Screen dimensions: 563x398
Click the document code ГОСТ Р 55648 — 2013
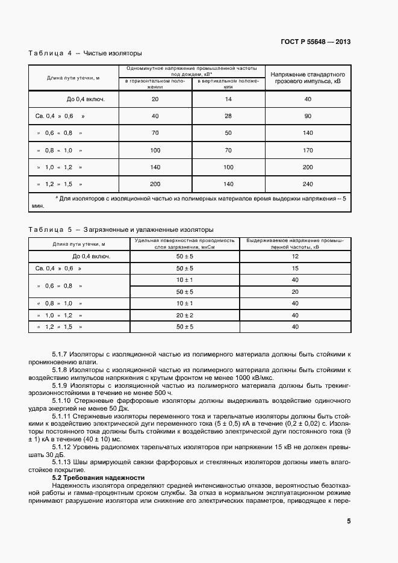pyautogui.click(x=316, y=42)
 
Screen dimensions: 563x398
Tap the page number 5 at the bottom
pyautogui.click(x=349, y=521)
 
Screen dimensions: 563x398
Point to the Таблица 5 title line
pyautogui.click(x=120, y=229)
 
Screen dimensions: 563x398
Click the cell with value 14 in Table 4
pyautogui.click(x=228, y=99)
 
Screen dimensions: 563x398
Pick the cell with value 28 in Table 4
pyautogui.click(x=228, y=116)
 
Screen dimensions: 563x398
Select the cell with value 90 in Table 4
pyautogui.click(x=308, y=116)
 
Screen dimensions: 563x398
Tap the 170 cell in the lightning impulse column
pyautogui.click(x=308, y=149)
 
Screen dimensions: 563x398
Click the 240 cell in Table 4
pyautogui.click(x=308, y=183)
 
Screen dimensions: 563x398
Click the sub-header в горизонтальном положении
pyautogui.click(x=155, y=83)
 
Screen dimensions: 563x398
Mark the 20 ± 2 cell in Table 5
pyautogui.click(x=184, y=315)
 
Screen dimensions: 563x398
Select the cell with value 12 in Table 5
pyautogui.click(x=295, y=256)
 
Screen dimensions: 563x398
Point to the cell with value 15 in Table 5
pyautogui.click(x=295, y=268)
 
